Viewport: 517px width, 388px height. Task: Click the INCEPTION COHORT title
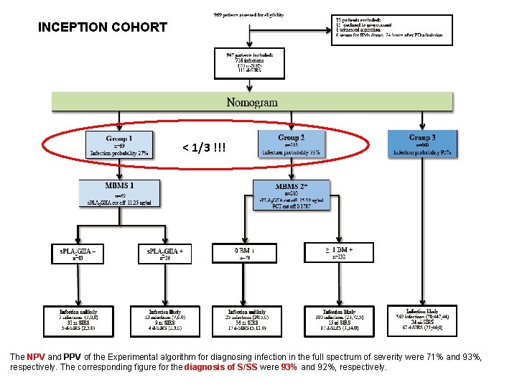(x=102, y=28)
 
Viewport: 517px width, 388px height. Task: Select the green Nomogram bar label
(x=251, y=101)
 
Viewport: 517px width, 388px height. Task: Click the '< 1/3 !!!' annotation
(x=204, y=147)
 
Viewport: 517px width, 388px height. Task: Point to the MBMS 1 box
(x=119, y=193)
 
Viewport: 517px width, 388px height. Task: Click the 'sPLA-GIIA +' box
(x=164, y=253)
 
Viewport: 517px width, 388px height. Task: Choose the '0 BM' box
(x=243, y=253)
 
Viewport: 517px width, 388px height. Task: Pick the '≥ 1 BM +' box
(x=339, y=252)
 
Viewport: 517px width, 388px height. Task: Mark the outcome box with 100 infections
(x=339, y=322)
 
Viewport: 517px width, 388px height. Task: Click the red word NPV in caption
(x=36, y=356)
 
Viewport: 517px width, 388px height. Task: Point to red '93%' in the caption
(x=289, y=366)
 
